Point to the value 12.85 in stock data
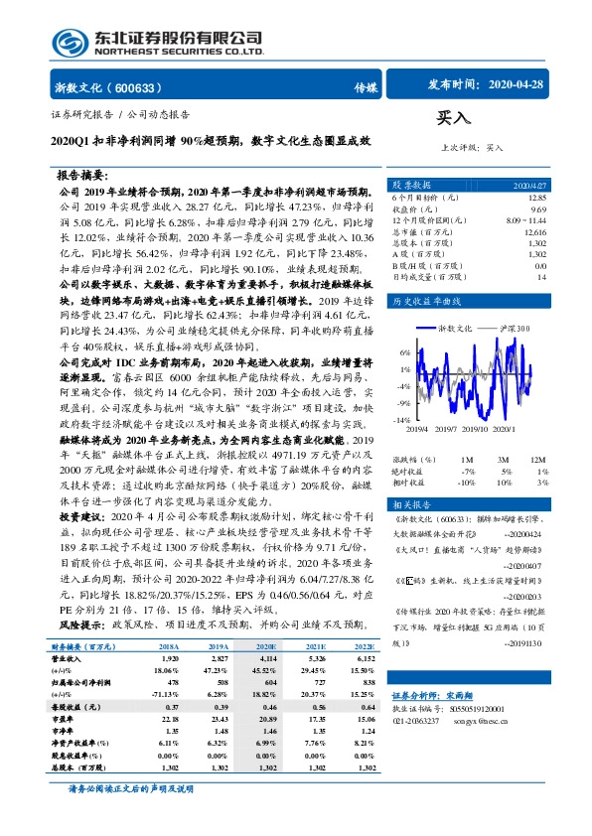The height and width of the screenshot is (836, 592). (537, 200)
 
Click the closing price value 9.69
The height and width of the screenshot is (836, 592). (538, 210)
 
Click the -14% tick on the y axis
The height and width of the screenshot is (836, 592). (403, 421)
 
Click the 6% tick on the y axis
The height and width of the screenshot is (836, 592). (405, 352)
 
